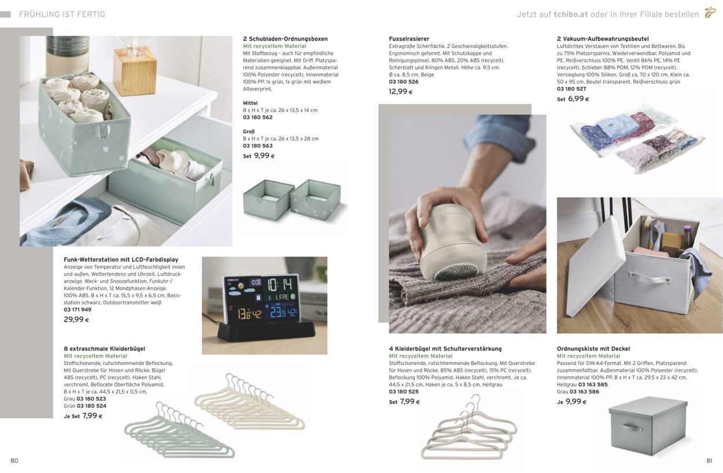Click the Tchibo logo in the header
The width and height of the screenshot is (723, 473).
pos(710,13)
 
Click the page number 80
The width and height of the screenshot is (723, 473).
pos(14,460)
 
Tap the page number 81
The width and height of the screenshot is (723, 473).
pos(709,460)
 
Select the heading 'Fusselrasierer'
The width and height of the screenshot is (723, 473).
pos(409,39)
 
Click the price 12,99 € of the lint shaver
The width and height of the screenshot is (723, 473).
pos(401,91)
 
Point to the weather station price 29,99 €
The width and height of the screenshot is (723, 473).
pos(76,319)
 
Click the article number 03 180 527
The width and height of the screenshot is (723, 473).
pos(571,88)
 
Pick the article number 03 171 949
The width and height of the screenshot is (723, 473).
pos(78,310)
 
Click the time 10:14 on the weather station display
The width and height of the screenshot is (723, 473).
pos(279,285)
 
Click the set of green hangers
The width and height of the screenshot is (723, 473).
pos(179,430)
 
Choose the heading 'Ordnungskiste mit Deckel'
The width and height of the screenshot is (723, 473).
pos(593,349)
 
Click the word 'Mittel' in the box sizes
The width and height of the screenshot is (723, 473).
pos(250,103)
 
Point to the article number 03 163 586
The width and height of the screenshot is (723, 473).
pos(584,392)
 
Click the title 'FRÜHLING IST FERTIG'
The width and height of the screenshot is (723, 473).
pos(62,14)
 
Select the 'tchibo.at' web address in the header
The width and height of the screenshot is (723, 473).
pos(571,14)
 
